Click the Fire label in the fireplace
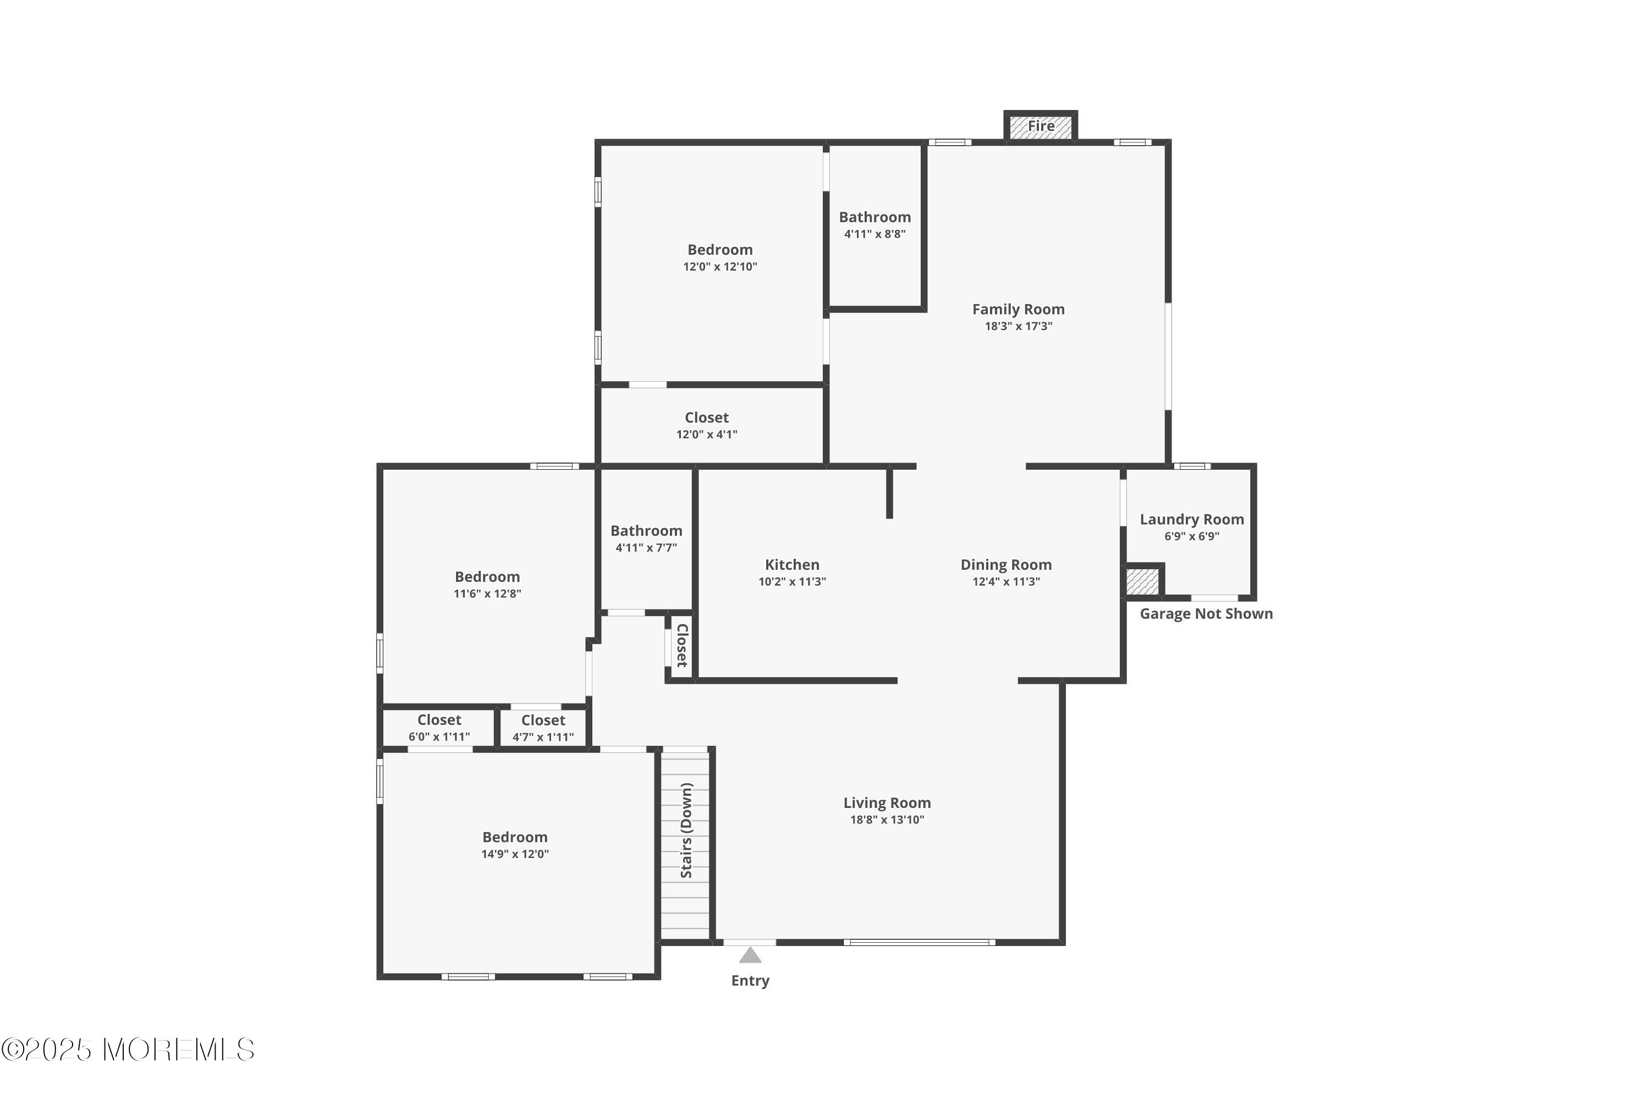(1041, 127)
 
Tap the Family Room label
(1018, 309)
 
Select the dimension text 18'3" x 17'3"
(1018, 326)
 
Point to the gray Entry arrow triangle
(750, 955)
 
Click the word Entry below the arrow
(750, 981)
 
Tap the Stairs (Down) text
(686, 831)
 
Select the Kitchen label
(792, 565)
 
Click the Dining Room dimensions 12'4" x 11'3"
(1006, 581)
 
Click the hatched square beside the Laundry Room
(1142, 582)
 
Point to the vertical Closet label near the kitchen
(682, 645)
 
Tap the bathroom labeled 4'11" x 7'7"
(646, 539)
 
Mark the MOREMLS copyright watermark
(128, 1050)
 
